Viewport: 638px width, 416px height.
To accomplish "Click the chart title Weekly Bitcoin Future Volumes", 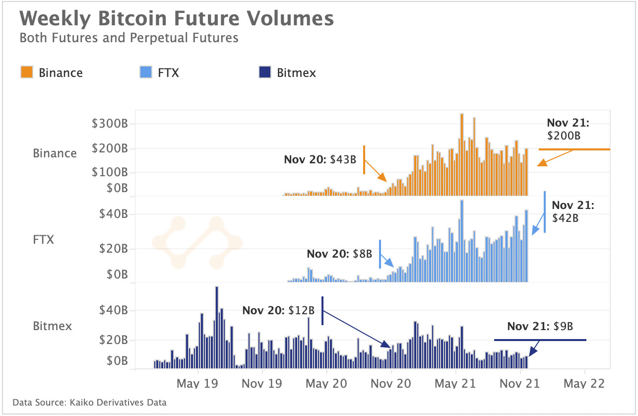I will click(176, 19).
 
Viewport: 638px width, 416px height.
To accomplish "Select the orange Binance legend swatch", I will click(27, 72).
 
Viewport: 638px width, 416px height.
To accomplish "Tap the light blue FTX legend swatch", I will click(146, 72).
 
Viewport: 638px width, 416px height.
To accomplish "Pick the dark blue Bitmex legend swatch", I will click(265, 72).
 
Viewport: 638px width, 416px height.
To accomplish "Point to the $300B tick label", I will click(110, 124).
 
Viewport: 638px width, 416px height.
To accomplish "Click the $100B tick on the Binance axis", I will click(110, 172).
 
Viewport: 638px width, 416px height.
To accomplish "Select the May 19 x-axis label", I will click(197, 383).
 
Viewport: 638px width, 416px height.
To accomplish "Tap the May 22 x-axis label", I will click(585, 383).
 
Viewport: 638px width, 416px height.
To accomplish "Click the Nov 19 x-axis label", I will click(262, 383).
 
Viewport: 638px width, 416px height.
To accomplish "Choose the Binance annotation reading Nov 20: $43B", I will click(320, 160).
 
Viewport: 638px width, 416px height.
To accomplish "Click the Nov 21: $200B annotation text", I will click(568, 129).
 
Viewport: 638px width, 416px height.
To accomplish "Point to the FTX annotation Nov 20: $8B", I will click(339, 254).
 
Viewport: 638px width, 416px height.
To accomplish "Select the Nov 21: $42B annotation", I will click(573, 211).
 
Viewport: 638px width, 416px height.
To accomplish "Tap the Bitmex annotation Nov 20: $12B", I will click(278, 310).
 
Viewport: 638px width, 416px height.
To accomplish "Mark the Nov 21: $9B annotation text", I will click(540, 327).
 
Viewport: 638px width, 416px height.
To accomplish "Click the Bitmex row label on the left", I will click(53, 326).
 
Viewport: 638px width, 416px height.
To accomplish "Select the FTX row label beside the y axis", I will click(43, 240).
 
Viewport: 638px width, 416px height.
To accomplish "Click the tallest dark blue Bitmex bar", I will click(217, 328).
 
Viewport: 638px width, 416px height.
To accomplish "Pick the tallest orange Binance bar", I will click(462, 154).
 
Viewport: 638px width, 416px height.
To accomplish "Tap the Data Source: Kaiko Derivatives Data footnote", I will click(89, 403).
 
